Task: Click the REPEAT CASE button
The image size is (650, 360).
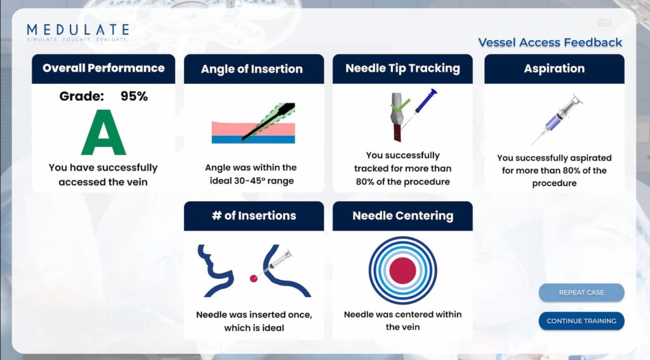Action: click(x=581, y=293)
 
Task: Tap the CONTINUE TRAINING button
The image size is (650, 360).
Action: click(x=581, y=321)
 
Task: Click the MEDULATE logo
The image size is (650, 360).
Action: click(x=78, y=32)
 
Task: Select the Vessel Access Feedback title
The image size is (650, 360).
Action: click(x=550, y=43)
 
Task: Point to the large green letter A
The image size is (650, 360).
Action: click(x=103, y=132)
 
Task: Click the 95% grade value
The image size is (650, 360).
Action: click(x=134, y=97)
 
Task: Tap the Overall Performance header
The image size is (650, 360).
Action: click(x=103, y=69)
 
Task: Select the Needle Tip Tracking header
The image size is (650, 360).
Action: click(x=402, y=69)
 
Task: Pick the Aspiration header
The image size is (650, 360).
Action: click(x=554, y=69)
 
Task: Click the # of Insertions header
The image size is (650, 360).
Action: click(x=254, y=216)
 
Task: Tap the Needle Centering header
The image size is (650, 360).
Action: click(x=402, y=216)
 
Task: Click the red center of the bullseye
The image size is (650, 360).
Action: click(x=402, y=270)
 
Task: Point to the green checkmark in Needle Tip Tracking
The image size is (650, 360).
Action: click(x=400, y=105)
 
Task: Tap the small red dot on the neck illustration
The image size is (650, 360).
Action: click(x=253, y=279)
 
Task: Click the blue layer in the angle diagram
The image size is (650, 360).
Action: click(x=253, y=139)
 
